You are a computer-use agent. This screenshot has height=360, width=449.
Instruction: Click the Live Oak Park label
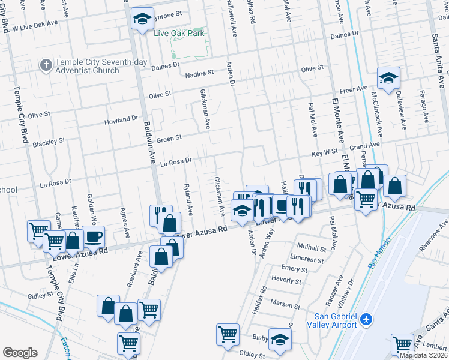click(x=179, y=33)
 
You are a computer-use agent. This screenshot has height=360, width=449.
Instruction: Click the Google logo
click(x=20, y=353)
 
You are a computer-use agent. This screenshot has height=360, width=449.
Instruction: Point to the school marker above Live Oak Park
click(x=142, y=19)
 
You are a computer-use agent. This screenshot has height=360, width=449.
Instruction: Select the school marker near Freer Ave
click(x=388, y=78)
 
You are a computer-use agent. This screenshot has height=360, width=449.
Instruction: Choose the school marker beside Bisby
click(x=280, y=340)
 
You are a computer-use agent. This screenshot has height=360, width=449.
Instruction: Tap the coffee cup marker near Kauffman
click(x=93, y=236)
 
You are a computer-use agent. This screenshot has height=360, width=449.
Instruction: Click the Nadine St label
click(x=199, y=73)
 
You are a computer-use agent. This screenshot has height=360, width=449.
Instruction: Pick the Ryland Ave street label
click(x=189, y=199)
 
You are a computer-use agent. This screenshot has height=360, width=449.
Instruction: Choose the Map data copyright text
click(x=423, y=355)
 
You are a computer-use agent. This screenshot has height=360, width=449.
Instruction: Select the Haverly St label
click(x=286, y=280)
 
